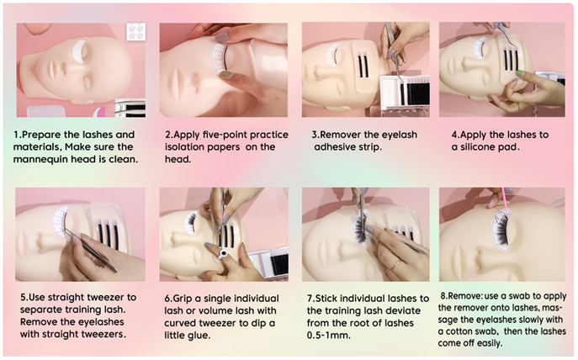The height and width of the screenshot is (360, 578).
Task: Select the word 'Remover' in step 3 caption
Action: (342, 135)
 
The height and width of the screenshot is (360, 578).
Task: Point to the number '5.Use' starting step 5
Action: (33, 298)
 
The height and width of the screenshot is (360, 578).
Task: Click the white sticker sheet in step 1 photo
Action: (136, 31)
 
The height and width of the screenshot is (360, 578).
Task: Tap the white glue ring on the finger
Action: (224, 253)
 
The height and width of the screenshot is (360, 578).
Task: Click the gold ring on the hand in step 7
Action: (396, 265)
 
